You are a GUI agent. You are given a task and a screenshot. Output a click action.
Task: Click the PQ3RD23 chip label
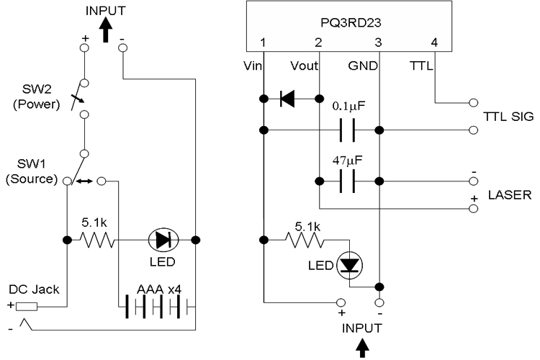pyautogui.click(x=351, y=23)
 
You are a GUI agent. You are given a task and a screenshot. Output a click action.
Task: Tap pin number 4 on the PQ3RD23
pyautogui.click(x=434, y=42)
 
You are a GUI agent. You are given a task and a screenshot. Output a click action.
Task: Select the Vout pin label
pyautogui.click(x=304, y=66)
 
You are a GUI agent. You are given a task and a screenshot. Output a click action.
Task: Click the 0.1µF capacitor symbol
pyautogui.click(x=347, y=130)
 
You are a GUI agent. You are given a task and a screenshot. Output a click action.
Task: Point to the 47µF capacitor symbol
pyautogui.click(x=347, y=181)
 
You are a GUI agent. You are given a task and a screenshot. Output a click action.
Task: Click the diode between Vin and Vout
pyautogui.click(x=287, y=99)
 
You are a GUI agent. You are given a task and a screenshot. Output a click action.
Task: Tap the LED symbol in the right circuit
pyautogui.click(x=349, y=265)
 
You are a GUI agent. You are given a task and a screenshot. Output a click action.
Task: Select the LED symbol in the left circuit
pyautogui.click(x=163, y=240)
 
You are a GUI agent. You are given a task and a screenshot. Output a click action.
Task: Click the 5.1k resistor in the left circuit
pyautogui.click(x=97, y=240)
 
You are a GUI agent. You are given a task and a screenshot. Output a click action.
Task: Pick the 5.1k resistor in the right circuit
pyautogui.click(x=305, y=240)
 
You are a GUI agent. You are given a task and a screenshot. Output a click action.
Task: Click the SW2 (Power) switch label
pyautogui.click(x=37, y=96)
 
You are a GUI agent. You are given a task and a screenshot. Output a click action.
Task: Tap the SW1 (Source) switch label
pyautogui.click(x=32, y=171)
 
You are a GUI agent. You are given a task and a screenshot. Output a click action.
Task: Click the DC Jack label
pyautogui.click(x=34, y=289)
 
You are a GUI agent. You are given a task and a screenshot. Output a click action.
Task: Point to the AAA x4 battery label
pyautogui.click(x=159, y=289)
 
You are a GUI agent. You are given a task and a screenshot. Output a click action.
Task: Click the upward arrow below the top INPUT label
pyautogui.click(x=106, y=30)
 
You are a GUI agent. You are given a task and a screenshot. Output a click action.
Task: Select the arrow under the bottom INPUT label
pyautogui.click(x=362, y=348)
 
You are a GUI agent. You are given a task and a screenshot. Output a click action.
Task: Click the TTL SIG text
pyautogui.click(x=508, y=117)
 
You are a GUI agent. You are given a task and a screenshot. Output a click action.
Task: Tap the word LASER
pyautogui.click(x=510, y=195)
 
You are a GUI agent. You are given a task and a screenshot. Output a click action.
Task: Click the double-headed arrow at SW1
pyautogui.click(x=84, y=181)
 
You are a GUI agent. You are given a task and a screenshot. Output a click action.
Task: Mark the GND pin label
pyautogui.click(x=363, y=66)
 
